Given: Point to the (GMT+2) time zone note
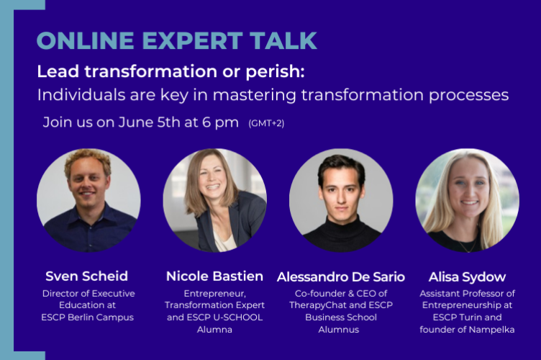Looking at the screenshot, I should pos(266,123).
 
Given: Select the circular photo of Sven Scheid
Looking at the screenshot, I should pos(88,200).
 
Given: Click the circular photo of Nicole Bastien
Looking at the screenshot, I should pos(214,200).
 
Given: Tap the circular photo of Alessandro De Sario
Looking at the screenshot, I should pos(341,200).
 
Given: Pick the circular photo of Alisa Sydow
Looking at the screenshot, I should pos(467,200).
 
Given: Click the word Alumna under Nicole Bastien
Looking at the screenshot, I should pos(214,330).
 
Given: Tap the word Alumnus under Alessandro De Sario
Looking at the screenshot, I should pos(341,330).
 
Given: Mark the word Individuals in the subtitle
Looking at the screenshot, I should pos(76,95).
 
